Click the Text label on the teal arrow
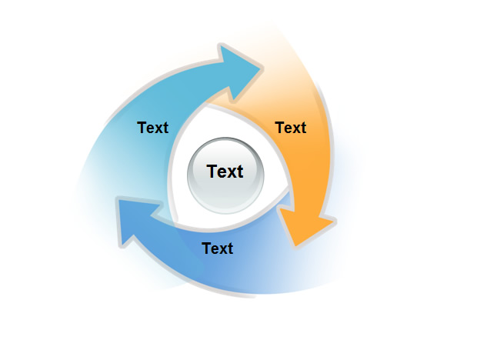pos(152,128)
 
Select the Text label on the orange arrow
pos(291,128)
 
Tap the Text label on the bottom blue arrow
pos(217,248)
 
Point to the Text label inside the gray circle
pos(225,172)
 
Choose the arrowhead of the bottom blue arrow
pos(138,220)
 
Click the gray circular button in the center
pos(225,175)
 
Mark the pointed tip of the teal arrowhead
pos(262,68)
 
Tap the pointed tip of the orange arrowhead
pos(295,246)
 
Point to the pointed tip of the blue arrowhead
pos(118,200)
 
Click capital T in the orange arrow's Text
pos(280,128)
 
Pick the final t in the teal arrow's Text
pos(165,128)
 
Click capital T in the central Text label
pos(212,172)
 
